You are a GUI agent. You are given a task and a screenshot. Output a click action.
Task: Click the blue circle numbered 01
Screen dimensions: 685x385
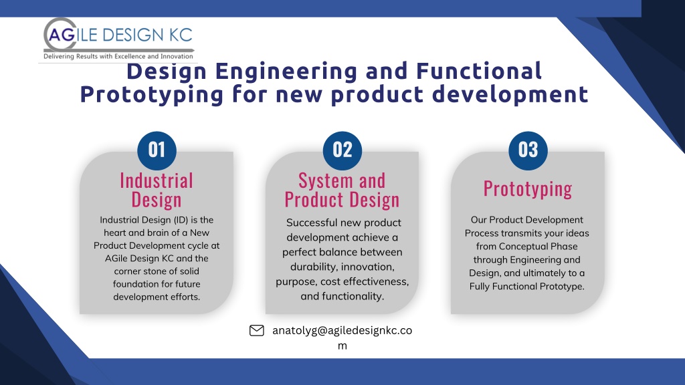tap(157, 150)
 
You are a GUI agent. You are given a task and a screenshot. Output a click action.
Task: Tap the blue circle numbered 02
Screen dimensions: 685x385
tap(342, 150)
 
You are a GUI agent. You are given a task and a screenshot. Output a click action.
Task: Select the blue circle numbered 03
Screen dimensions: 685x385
tap(528, 150)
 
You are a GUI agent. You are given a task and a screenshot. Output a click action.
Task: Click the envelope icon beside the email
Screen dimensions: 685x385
tap(256, 330)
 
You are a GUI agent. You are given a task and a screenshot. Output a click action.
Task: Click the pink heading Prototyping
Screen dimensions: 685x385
tap(528, 189)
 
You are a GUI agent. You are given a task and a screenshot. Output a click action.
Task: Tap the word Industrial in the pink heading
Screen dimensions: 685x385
tap(157, 180)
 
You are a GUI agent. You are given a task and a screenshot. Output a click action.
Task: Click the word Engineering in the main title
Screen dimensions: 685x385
tap(286, 71)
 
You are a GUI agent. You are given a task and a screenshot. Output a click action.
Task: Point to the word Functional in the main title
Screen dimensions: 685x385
tap(479, 71)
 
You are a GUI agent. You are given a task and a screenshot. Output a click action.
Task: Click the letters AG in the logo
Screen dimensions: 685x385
tap(62, 35)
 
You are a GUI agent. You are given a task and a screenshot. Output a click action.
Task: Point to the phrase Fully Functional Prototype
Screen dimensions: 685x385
tap(527, 286)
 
